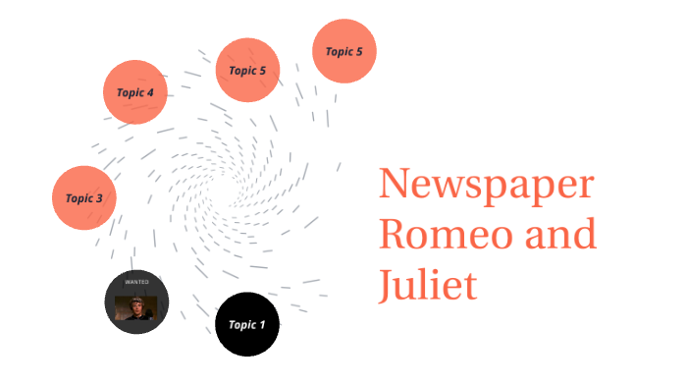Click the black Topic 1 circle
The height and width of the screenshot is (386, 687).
coord(247,324)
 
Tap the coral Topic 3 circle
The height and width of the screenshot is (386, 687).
coord(84,197)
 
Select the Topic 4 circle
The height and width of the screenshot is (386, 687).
coord(135,92)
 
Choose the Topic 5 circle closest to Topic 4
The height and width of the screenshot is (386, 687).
coord(248,70)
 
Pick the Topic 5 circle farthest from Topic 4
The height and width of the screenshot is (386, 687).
coord(344,51)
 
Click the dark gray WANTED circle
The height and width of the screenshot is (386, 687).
coord(136,303)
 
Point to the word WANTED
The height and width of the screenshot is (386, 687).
coord(136,282)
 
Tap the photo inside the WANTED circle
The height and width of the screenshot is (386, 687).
coord(136,307)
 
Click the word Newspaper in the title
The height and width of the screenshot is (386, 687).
coord(487,187)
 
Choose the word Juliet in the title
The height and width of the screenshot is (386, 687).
coord(428,286)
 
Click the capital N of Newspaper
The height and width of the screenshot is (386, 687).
coord(396,187)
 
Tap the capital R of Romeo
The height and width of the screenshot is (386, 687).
coord(394,237)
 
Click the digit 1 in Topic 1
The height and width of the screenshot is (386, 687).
coord(261,324)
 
